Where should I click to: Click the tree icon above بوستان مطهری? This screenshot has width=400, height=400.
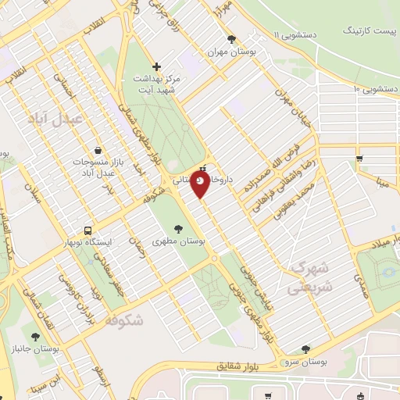click(179, 229)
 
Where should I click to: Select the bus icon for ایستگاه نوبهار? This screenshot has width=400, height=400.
click(87, 231)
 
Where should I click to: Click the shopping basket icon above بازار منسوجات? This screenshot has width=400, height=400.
click(95, 149)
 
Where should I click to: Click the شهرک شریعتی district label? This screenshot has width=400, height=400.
click(310, 278)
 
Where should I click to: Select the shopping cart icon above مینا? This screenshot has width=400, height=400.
click(359, 159)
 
